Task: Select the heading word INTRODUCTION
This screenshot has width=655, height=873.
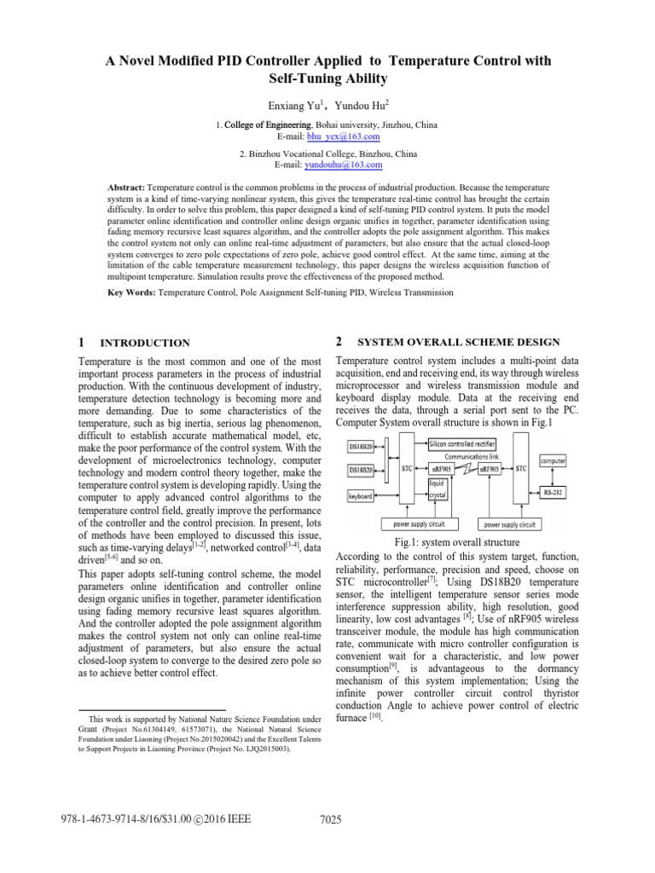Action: (x=145, y=343)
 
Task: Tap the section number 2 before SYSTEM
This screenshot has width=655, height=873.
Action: (x=339, y=341)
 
